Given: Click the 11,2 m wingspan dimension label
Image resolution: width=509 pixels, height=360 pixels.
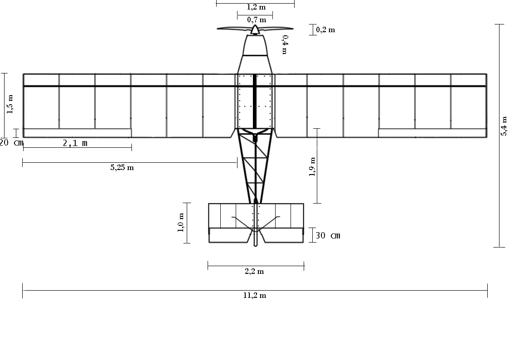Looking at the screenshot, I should [254, 296].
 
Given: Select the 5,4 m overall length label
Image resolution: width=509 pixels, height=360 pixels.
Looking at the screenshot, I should [504, 126].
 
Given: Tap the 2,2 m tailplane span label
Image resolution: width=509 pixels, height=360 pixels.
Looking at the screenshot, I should [254, 272].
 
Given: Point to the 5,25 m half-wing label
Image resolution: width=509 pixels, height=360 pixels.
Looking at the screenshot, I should [122, 168].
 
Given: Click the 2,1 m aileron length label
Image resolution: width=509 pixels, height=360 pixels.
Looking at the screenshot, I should [75, 143].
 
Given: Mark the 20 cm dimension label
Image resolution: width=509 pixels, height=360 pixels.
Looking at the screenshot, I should [11, 142].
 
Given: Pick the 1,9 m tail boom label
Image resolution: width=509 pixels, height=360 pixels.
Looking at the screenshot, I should [312, 167].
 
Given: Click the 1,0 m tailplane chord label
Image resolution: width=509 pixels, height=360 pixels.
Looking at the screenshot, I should [180, 223].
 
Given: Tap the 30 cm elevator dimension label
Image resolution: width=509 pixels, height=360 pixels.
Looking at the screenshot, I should [328, 236].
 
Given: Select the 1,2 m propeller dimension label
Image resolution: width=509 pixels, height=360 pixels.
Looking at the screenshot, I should [256, 7].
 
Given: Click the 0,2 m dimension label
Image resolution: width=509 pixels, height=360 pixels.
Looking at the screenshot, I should [325, 30].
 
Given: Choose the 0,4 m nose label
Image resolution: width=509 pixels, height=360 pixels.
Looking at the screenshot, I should [285, 44].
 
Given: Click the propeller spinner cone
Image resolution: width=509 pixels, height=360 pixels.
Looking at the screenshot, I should [255, 30].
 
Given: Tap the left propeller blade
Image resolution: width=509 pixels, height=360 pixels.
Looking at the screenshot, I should [233, 29].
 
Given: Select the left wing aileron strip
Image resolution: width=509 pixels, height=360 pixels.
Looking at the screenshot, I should [77, 133].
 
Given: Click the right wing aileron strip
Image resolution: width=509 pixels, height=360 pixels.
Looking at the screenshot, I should [432, 133].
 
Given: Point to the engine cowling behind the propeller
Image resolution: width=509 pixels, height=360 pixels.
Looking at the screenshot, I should [255, 45].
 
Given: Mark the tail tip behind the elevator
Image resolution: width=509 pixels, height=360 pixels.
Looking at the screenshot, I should [256, 240].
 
